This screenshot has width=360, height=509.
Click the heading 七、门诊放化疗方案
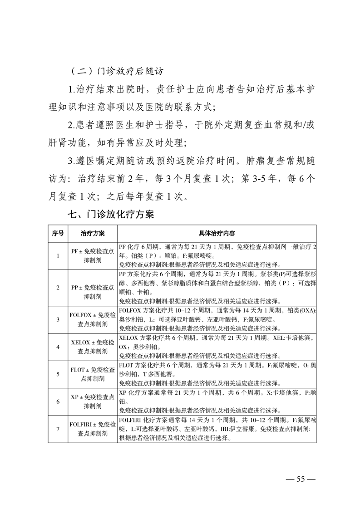click(111, 214)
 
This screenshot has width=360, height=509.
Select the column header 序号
click(58, 233)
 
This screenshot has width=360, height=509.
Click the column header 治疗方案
click(93, 233)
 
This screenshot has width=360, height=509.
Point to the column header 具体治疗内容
click(217, 233)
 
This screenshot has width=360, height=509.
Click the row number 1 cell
click(58, 256)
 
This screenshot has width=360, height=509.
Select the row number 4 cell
click(58, 347)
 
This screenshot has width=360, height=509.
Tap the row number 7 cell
click(58, 429)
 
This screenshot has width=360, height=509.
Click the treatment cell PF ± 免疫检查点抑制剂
click(93, 256)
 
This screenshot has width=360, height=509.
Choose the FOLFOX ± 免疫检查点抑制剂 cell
click(93, 319)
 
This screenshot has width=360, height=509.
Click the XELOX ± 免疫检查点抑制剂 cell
click(93, 347)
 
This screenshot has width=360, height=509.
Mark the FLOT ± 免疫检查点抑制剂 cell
click(93, 374)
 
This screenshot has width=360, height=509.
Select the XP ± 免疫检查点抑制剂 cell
click(93, 401)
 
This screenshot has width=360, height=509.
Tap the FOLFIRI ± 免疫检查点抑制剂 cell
click(93, 429)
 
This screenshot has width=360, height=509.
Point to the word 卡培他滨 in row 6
click(284, 393)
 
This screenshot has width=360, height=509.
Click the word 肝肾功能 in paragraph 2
click(69, 143)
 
